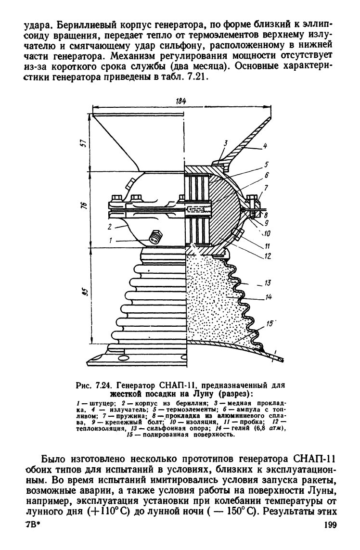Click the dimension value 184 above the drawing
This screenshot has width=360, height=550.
tap(180, 101)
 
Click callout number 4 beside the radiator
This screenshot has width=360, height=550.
tap(266, 146)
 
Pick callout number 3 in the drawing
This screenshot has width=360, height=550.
tap(226, 143)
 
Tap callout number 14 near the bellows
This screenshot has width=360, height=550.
tap(269, 297)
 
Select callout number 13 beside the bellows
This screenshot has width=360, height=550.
tap(269, 282)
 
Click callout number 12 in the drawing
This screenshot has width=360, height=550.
tap(268, 256)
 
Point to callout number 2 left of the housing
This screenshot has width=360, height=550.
tap(109, 227)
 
